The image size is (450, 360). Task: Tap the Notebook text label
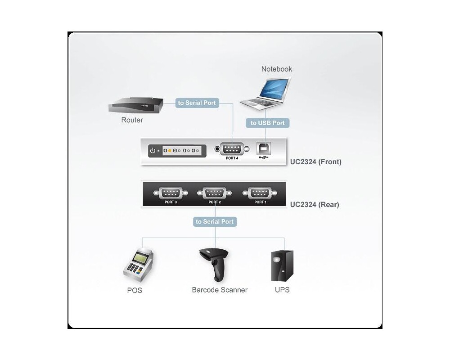[277, 69]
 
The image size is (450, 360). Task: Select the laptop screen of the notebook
[275, 89]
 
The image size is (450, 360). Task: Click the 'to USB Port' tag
[267, 123]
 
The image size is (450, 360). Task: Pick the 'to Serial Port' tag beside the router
[197, 103]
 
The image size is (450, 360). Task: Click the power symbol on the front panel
[153, 151]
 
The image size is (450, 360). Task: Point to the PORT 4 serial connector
[232, 149]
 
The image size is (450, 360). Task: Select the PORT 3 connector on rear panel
[170, 193]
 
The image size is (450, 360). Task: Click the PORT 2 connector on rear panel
[215, 193]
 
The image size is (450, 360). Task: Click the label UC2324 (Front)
[315, 162]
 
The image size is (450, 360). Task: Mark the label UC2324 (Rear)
[315, 204]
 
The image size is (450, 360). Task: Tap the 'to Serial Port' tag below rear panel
[215, 221]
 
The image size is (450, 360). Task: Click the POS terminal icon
[138, 265]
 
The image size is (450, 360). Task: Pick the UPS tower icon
[282, 266]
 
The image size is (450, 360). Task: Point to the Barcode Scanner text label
[220, 290]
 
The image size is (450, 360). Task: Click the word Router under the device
[132, 120]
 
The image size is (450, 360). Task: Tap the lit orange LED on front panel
[170, 151]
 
